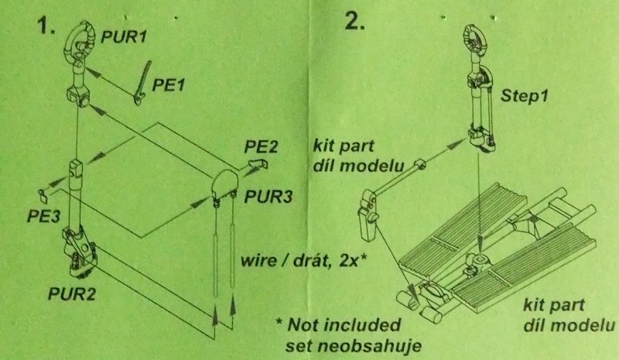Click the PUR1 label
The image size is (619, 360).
(124, 37)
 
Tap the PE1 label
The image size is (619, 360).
(169, 85)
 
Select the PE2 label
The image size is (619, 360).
(261, 146)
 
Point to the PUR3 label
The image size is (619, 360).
(268, 197)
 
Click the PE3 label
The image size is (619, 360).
(44, 216)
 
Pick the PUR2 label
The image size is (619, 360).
(72, 293)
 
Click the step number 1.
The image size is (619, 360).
(46, 26)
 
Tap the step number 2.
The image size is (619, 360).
(354, 21)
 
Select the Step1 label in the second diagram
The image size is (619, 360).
(525, 96)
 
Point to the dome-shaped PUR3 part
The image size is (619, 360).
(225, 183)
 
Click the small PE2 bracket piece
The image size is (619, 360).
(258, 163)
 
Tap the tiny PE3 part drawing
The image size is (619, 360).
(43, 194)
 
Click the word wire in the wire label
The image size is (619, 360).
(258, 260)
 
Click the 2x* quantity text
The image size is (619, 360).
(354, 260)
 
